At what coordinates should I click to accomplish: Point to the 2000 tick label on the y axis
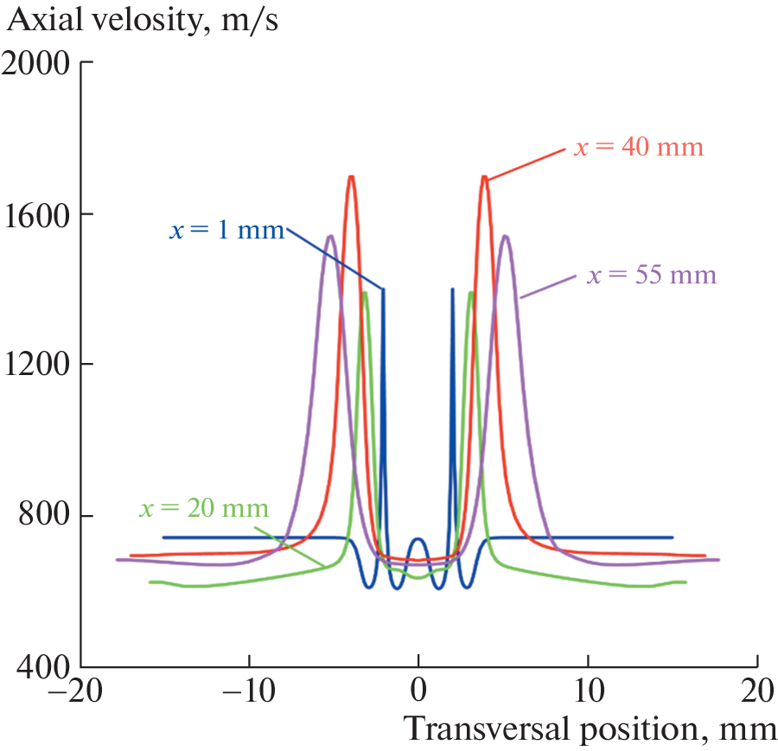tap(38, 64)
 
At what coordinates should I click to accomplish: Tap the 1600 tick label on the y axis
tap(38, 215)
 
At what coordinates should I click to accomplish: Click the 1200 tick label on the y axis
tap(38, 366)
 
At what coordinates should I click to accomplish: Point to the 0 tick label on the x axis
tap(418, 693)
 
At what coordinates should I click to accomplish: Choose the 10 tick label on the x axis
tap(588, 693)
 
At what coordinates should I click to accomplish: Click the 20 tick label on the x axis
tap(757, 693)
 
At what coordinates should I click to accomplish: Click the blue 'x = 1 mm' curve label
tap(226, 232)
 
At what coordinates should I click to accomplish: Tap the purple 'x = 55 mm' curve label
tap(652, 277)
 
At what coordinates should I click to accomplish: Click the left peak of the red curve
tap(351, 177)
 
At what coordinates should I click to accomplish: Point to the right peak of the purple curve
tap(505, 236)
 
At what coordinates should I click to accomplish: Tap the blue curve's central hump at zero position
tap(418, 538)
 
